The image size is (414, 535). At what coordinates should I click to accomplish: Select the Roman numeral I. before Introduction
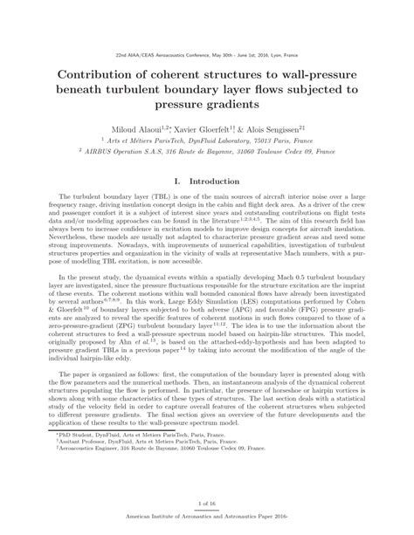(x=178, y=182)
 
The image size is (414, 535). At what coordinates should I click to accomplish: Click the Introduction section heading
(x=214, y=182)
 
